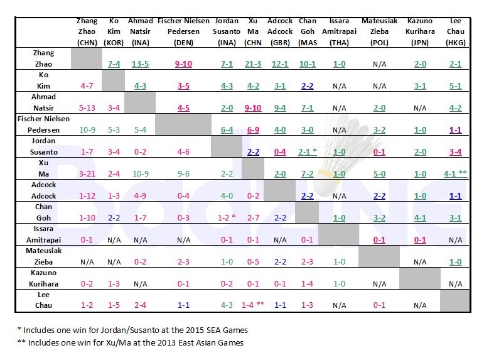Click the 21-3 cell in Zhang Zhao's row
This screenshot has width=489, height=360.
point(253,63)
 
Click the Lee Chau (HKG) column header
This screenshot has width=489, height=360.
point(455,31)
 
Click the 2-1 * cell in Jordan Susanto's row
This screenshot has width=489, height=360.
point(308,151)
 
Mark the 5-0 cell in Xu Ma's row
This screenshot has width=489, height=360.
point(379,173)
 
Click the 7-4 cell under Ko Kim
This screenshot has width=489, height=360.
point(114,63)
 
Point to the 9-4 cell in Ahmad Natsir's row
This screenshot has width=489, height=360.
point(280,107)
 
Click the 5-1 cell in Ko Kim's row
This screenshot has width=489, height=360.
point(455,85)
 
